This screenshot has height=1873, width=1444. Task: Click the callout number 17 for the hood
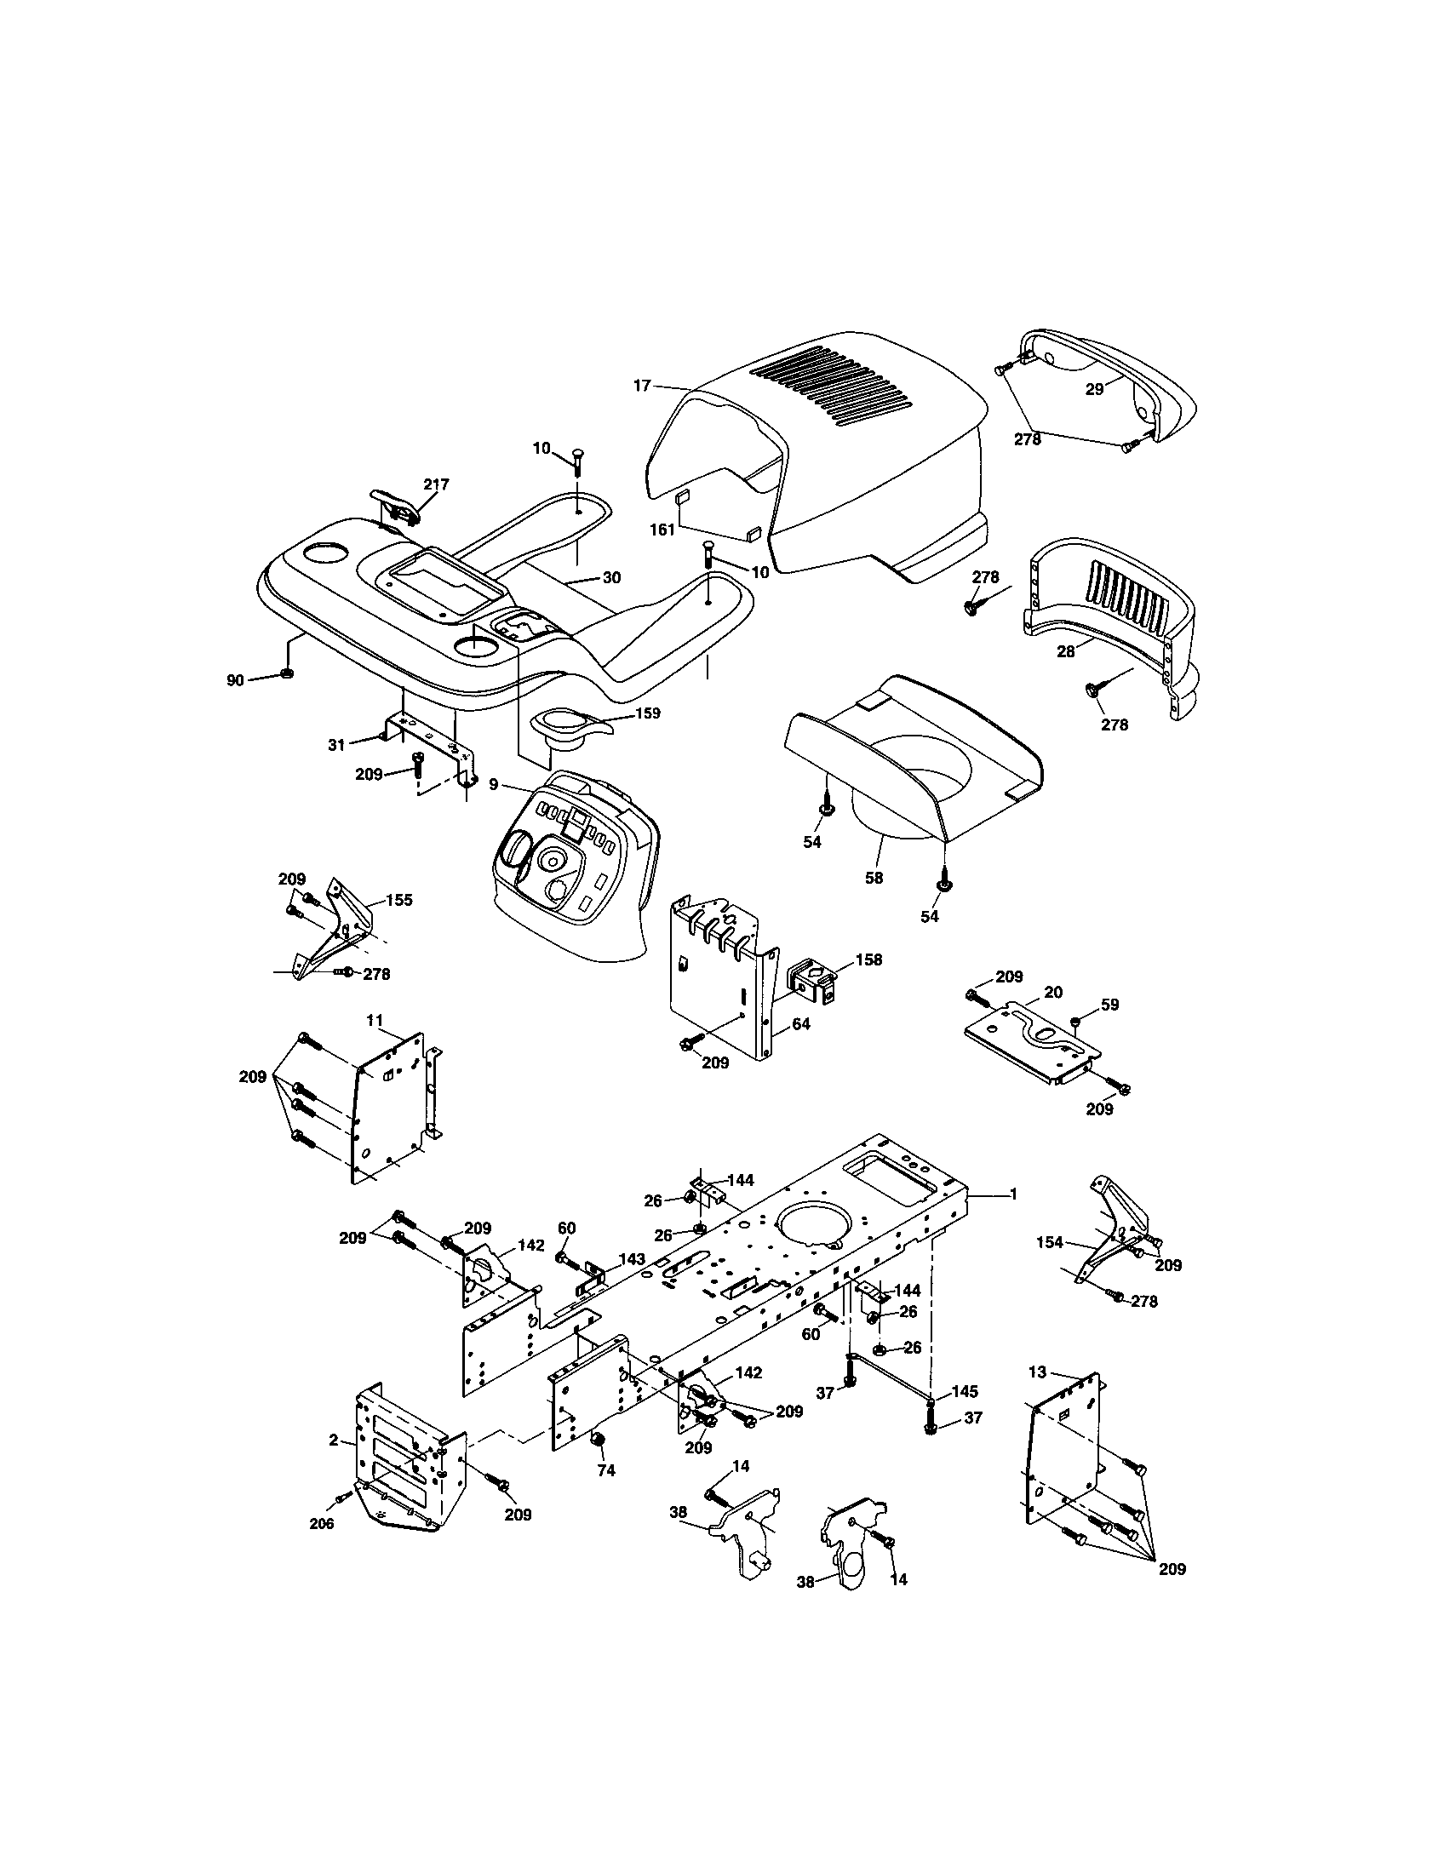click(642, 386)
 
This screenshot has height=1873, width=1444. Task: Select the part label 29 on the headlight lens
click(1094, 389)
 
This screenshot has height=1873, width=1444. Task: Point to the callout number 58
click(874, 879)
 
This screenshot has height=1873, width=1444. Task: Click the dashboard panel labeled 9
click(566, 857)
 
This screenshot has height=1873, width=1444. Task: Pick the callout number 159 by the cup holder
click(647, 713)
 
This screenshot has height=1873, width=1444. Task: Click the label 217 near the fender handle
click(436, 484)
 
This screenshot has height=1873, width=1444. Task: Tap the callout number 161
click(661, 530)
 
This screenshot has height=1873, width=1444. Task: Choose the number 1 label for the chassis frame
click(1012, 1194)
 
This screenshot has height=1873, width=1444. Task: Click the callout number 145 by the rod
click(965, 1391)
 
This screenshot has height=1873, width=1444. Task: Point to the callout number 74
click(606, 1469)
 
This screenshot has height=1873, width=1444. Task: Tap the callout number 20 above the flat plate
click(1053, 991)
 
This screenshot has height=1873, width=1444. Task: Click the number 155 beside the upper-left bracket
click(398, 900)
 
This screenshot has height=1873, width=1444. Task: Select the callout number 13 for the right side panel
click(1038, 1372)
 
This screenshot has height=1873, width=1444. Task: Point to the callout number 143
click(632, 1259)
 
